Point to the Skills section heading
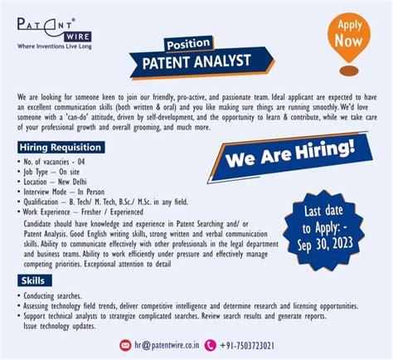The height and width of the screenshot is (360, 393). pyautogui.click(x=34, y=280)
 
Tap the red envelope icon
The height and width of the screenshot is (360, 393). pyautogui.click(x=125, y=344)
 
